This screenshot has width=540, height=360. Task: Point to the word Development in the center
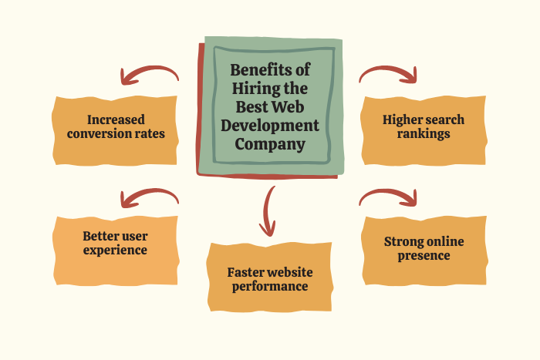270,126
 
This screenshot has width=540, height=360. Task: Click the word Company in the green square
270,144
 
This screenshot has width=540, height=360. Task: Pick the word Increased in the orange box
116,119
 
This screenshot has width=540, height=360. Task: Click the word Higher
402,120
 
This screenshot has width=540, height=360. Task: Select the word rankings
424,134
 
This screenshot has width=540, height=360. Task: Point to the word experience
115,251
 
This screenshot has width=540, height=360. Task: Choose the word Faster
243,272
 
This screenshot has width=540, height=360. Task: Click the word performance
270,286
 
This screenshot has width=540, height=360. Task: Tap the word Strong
403,242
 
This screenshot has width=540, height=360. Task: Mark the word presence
424,256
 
